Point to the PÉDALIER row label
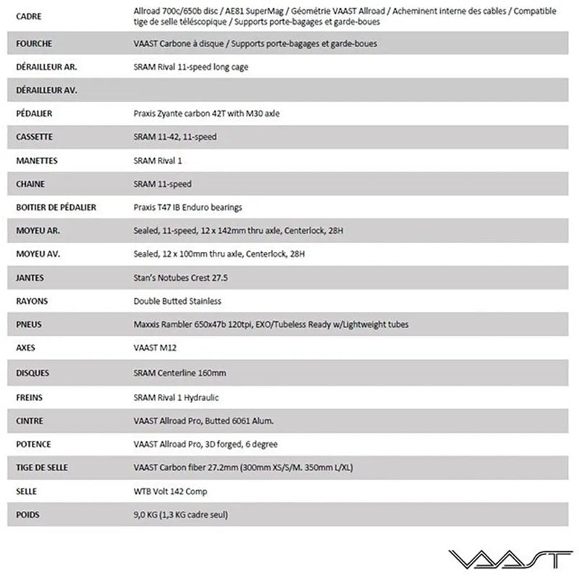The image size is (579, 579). coord(33,114)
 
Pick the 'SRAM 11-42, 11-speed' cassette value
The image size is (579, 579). coord(174,137)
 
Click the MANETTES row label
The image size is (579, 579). coord(36,160)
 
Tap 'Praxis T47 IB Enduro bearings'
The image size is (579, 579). coord(187,207)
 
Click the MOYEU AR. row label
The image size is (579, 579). coord(35,231)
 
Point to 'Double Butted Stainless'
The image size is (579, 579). coord(177,301)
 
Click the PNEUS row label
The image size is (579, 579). coord(28,324)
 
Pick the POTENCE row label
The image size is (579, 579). coord(33,444)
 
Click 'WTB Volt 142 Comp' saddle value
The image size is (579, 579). coord(171,491)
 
